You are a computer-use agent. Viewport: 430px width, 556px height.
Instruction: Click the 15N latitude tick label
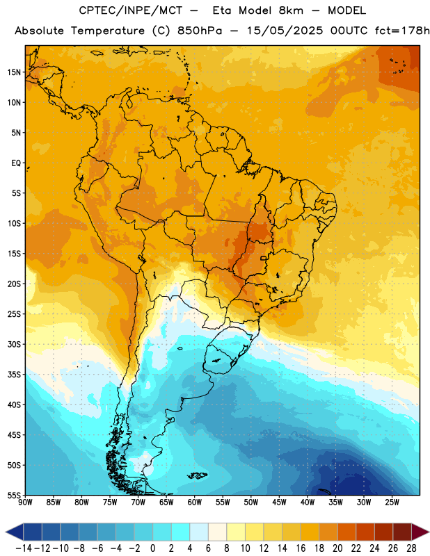14,72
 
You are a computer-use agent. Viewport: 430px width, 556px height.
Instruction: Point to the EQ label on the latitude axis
16,163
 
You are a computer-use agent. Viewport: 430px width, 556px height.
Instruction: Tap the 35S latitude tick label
14,375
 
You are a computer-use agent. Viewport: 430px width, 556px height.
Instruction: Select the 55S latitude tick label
14,495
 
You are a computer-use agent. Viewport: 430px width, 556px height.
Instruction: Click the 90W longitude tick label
25,502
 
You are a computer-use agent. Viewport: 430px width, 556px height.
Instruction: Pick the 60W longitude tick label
195,502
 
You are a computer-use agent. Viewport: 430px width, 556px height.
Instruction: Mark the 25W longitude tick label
392,502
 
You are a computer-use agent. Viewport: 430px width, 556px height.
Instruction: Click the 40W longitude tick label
308,502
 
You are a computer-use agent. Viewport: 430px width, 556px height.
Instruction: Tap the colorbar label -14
24,548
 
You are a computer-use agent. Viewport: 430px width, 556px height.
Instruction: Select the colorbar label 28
411,548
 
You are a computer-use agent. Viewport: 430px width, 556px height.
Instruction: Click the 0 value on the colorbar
153,548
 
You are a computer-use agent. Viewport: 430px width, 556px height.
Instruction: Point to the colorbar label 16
301,548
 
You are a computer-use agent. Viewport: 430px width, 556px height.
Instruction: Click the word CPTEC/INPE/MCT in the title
131,10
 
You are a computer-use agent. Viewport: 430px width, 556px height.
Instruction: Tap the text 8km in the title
291,10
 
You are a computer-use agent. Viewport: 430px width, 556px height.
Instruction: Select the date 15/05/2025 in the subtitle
285,31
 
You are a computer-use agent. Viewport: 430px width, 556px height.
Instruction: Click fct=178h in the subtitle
402,31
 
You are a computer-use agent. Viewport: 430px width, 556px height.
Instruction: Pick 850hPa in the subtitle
200,31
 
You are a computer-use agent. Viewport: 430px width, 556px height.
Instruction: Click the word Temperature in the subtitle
108,31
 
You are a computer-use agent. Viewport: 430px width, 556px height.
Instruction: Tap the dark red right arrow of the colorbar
420,532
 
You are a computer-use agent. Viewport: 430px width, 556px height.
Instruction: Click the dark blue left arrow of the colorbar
14,532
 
